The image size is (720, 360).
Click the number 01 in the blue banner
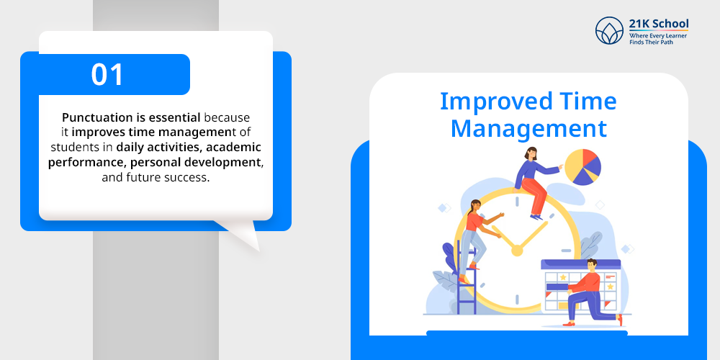click(x=107, y=74)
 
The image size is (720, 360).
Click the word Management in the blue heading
click(x=528, y=129)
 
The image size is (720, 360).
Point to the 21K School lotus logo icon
click(x=609, y=31)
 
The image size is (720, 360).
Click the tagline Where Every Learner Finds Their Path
click(x=658, y=39)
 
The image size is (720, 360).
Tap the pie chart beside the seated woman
click(x=582, y=167)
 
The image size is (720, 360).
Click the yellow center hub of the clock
click(x=517, y=251)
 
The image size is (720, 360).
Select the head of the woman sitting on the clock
click(x=531, y=153)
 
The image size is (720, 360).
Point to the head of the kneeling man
click(x=591, y=265)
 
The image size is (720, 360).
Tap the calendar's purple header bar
click(x=580, y=264)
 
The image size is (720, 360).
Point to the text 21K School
click(x=659, y=24)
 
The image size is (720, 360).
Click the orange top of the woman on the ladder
click(x=474, y=222)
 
